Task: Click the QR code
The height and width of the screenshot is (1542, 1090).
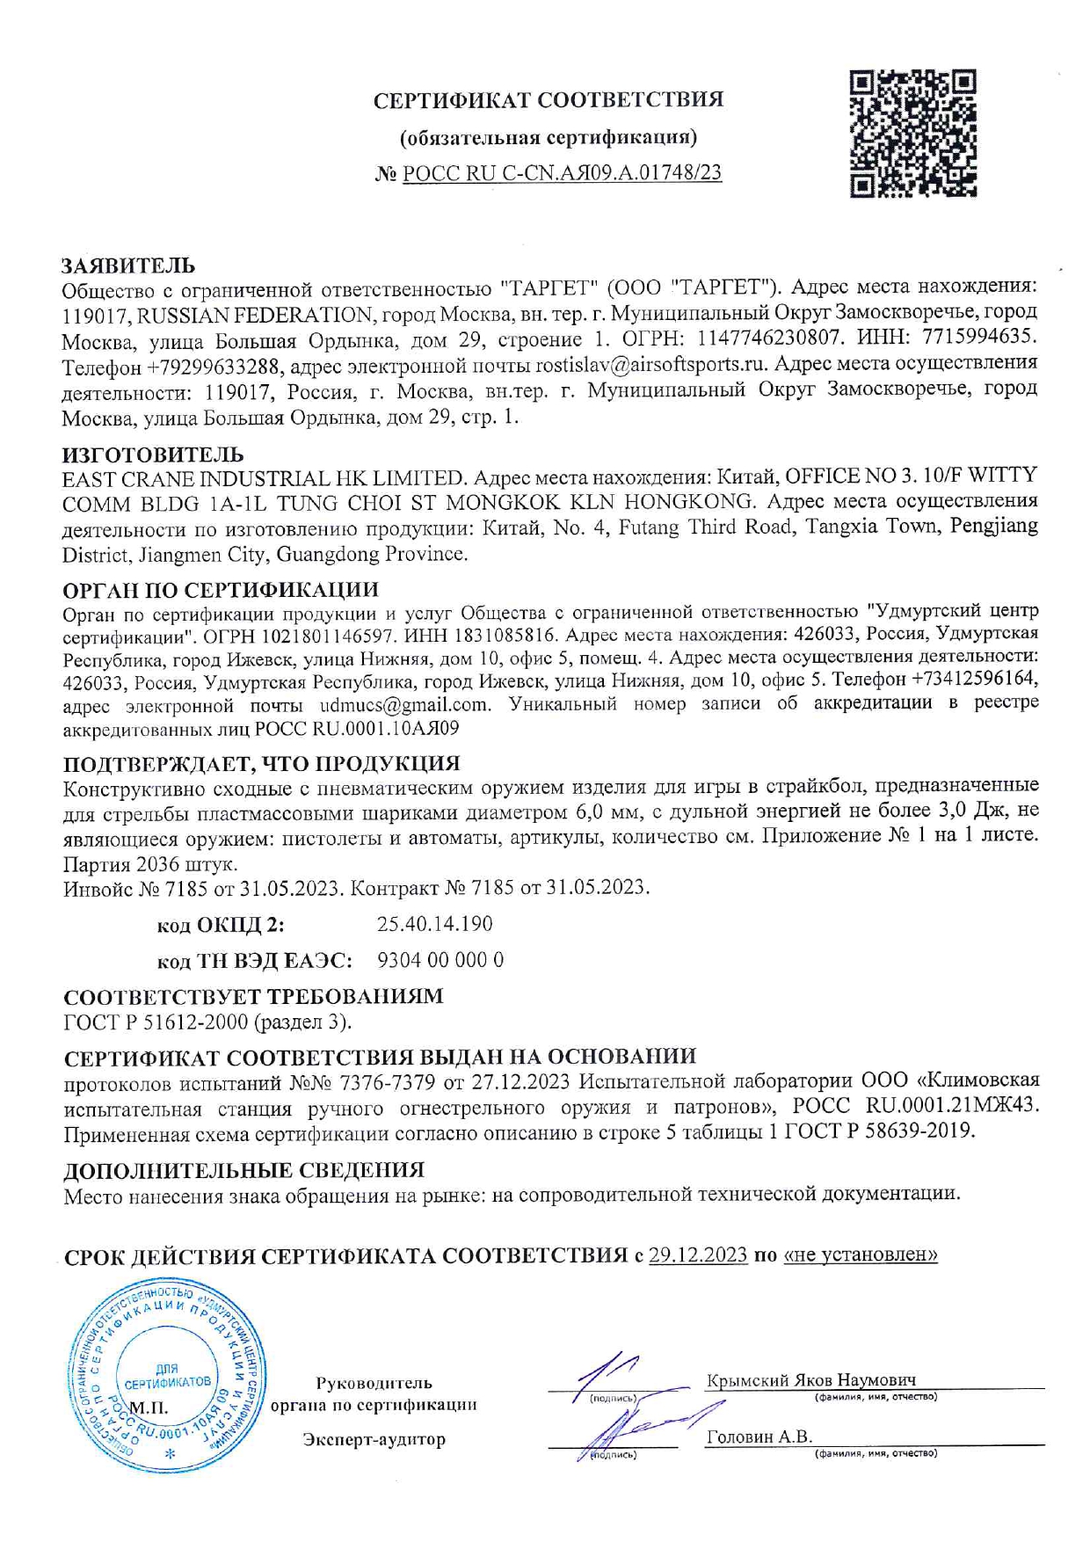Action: pos(913,133)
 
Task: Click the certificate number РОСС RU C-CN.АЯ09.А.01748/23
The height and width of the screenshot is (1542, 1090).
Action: pos(562,173)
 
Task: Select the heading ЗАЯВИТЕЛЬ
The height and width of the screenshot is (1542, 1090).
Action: pos(128,265)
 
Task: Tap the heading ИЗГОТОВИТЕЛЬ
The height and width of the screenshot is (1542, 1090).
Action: pos(152,455)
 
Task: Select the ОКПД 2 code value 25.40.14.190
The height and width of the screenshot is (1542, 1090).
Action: pos(434,924)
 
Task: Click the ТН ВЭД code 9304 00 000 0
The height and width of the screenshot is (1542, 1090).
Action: pos(440,960)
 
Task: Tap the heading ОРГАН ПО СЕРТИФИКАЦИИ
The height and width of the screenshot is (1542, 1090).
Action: pos(221,589)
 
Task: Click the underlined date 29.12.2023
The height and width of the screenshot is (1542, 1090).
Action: pos(698,1255)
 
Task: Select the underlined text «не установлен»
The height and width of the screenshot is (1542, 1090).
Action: pos(860,1255)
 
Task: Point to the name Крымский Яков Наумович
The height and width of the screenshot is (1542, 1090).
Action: pos(810,1379)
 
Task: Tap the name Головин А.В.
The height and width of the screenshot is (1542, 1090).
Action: pos(759,1437)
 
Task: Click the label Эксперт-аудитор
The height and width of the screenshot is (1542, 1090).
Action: pos(374,1439)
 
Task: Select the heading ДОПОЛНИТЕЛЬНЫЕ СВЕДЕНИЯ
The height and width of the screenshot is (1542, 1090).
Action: pos(243,1170)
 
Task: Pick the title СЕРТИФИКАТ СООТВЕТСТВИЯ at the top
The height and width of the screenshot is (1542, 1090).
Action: pos(549,100)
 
